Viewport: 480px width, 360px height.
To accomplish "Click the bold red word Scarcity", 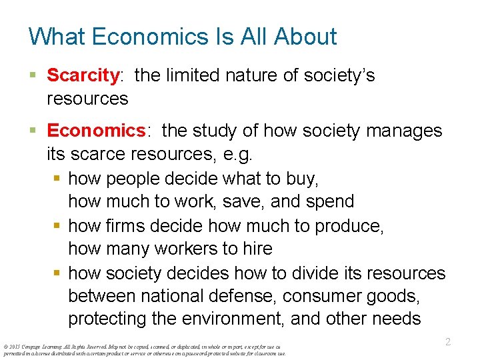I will (x=83, y=75).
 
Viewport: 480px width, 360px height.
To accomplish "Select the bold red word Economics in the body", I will (x=96, y=130).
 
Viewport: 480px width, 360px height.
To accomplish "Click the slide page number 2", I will (x=448, y=342).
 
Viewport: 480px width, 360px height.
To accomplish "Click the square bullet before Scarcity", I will (x=33, y=75).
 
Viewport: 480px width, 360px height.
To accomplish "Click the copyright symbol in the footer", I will (x=5, y=347).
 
